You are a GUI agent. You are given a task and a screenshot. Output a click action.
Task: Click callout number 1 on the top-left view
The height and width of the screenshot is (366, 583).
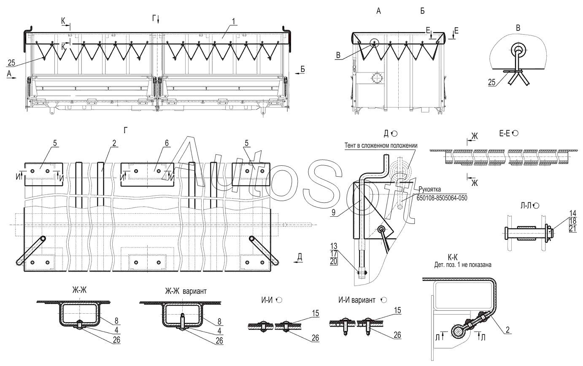tap(233, 22)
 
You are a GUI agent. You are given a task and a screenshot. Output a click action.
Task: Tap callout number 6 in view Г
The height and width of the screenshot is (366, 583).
tap(167, 143)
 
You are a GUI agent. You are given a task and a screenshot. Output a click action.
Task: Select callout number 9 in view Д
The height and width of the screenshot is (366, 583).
tap(333, 213)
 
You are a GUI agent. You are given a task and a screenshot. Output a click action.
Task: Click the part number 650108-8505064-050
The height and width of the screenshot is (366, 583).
tap(442, 198)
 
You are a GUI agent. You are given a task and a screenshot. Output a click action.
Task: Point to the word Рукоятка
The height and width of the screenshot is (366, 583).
tap(430, 189)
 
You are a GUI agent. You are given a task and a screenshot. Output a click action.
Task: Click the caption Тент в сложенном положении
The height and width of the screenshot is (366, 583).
tap(381, 145)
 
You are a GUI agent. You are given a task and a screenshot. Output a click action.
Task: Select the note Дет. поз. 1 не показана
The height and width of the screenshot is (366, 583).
tap(463, 265)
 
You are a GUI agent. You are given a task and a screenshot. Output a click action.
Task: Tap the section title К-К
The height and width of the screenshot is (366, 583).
tap(453, 258)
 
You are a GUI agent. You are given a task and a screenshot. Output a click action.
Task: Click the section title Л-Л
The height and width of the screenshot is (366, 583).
tap(526, 206)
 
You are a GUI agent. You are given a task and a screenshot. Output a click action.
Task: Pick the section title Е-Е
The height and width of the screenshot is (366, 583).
tap(505, 134)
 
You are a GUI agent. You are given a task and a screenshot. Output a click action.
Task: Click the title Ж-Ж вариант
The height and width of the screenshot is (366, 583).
tap(186, 291)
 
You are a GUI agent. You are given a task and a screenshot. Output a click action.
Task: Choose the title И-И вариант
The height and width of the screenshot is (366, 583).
tap(357, 300)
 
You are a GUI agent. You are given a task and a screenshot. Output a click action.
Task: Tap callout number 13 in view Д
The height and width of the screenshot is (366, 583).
tap(334, 246)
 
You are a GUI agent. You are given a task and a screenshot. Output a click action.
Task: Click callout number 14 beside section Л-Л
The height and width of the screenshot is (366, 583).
tap(572, 213)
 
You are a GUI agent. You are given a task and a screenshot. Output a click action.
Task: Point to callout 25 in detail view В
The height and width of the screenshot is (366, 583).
tap(491, 83)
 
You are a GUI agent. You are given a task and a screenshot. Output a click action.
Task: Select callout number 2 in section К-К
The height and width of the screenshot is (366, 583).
tap(508, 330)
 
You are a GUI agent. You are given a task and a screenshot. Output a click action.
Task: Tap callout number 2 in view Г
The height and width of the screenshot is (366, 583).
tap(114, 143)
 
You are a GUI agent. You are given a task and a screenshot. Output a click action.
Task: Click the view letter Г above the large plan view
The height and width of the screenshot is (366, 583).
tap(125, 130)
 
